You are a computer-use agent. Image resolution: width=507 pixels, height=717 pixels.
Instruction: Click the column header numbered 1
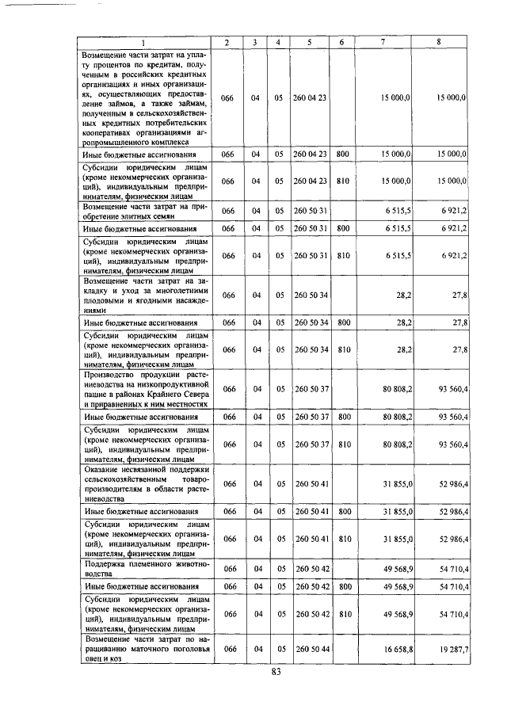point(143,41)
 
